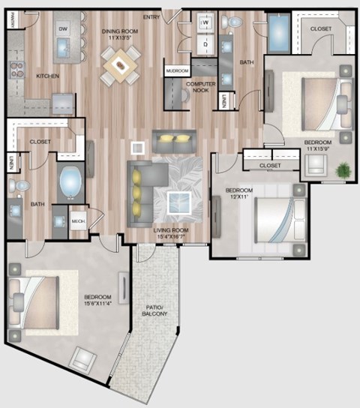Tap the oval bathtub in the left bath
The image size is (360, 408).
[70, 183]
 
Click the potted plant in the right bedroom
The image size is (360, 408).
[343, 170]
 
